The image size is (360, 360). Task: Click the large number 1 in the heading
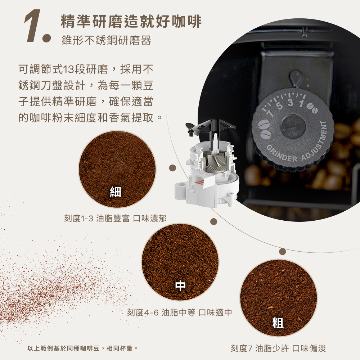click(x=33, y=26)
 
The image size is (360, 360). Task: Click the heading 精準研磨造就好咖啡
click(x=131, y=22)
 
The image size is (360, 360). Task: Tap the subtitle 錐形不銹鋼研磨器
click(x=106, y=40)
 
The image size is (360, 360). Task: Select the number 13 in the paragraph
click(x=68, y=69)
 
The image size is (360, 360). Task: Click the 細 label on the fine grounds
click(x=116, y=192)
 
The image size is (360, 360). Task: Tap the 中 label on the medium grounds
click(x=180, y=285)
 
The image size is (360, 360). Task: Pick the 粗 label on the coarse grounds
click(x=278, y=323)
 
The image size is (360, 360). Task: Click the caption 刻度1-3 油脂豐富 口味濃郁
click(x=115, y=219)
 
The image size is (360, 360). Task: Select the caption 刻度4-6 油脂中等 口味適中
click(x=180, y=312)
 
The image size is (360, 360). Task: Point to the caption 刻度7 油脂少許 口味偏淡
click(x=278, y=348)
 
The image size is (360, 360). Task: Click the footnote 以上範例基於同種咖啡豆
click(x=63, y=348)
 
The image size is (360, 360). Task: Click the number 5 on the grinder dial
click(x=279, y=106)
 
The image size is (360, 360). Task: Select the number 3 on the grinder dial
click(x=291, y=103)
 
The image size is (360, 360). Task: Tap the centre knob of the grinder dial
click(x=293, y=126)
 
